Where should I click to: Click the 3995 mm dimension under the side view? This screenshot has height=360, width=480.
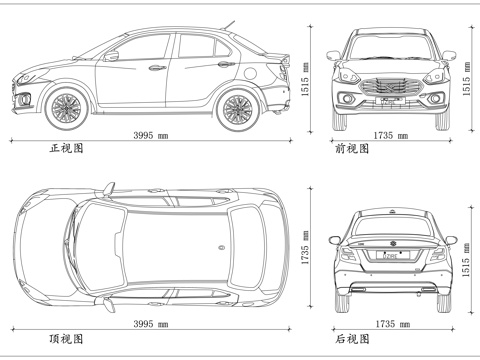pyautogui.click(x=150, y=134)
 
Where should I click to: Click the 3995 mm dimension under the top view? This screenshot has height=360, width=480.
pyautogui.click(x=150, y=325)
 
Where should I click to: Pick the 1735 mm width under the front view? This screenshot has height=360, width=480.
pyautogui.click(x=390, y=134)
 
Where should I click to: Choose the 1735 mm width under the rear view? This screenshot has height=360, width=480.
pyautogui.click(x=390, y=325)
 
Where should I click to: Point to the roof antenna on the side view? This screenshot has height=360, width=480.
pyautogui.click(x=230, y=24)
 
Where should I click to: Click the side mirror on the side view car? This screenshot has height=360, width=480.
pyautogui.click(x=112, y=56)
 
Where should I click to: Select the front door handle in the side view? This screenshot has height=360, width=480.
pyautogui.click(x=157, y=69)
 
